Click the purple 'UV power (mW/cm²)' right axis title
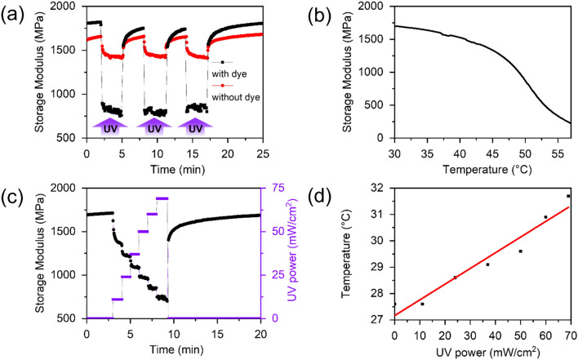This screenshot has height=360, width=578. point(290,252)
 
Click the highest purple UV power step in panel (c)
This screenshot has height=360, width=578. point(162,198)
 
